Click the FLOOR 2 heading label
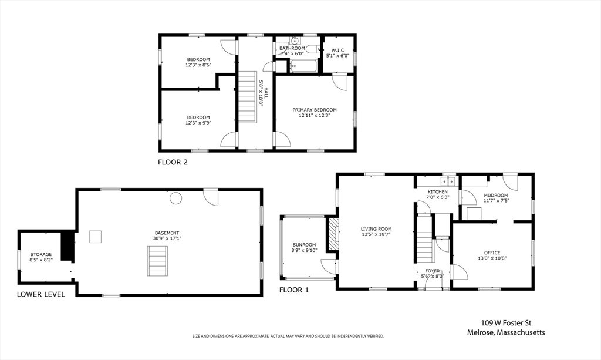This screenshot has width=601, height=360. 173,162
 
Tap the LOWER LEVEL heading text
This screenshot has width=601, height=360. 41,294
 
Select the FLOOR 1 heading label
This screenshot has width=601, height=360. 293,290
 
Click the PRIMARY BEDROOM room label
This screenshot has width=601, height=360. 315,110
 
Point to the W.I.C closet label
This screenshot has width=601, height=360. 337,51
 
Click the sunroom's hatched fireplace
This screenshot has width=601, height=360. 333,235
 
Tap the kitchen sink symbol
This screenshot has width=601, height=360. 448,181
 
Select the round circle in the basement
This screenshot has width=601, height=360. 176,198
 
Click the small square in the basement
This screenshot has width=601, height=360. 96,237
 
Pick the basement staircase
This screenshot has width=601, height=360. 157,261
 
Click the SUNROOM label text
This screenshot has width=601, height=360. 305,245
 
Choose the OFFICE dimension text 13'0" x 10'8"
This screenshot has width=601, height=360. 492,258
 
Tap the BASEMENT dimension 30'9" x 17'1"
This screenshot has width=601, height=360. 167,238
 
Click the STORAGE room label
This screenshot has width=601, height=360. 41,254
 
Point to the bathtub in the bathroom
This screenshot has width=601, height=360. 303,66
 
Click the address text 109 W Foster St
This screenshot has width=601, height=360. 506,323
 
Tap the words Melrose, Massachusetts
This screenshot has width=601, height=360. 506,333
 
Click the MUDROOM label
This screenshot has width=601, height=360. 495,195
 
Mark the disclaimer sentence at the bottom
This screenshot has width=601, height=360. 288,337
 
